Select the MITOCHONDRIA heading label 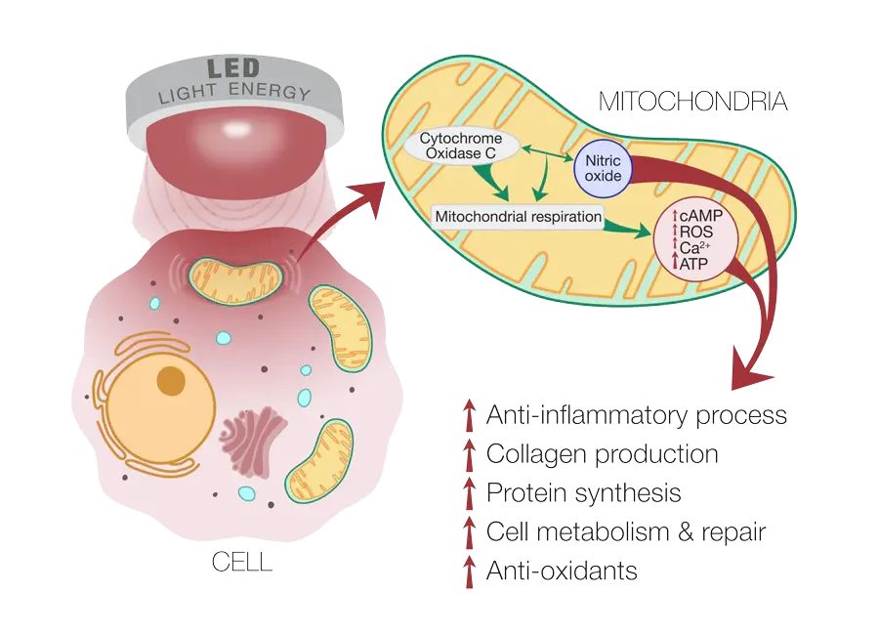[x=691, y=102]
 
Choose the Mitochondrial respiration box [x=518, y=215]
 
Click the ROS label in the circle [x=694, y=233]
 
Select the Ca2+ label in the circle [x=694, y=247]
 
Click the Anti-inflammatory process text [x=636, y=416]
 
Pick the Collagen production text [x=602, y=454]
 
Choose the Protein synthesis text [x=583, y=493]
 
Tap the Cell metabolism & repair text [x=625, y=532]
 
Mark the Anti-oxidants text [x=562, y=571]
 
